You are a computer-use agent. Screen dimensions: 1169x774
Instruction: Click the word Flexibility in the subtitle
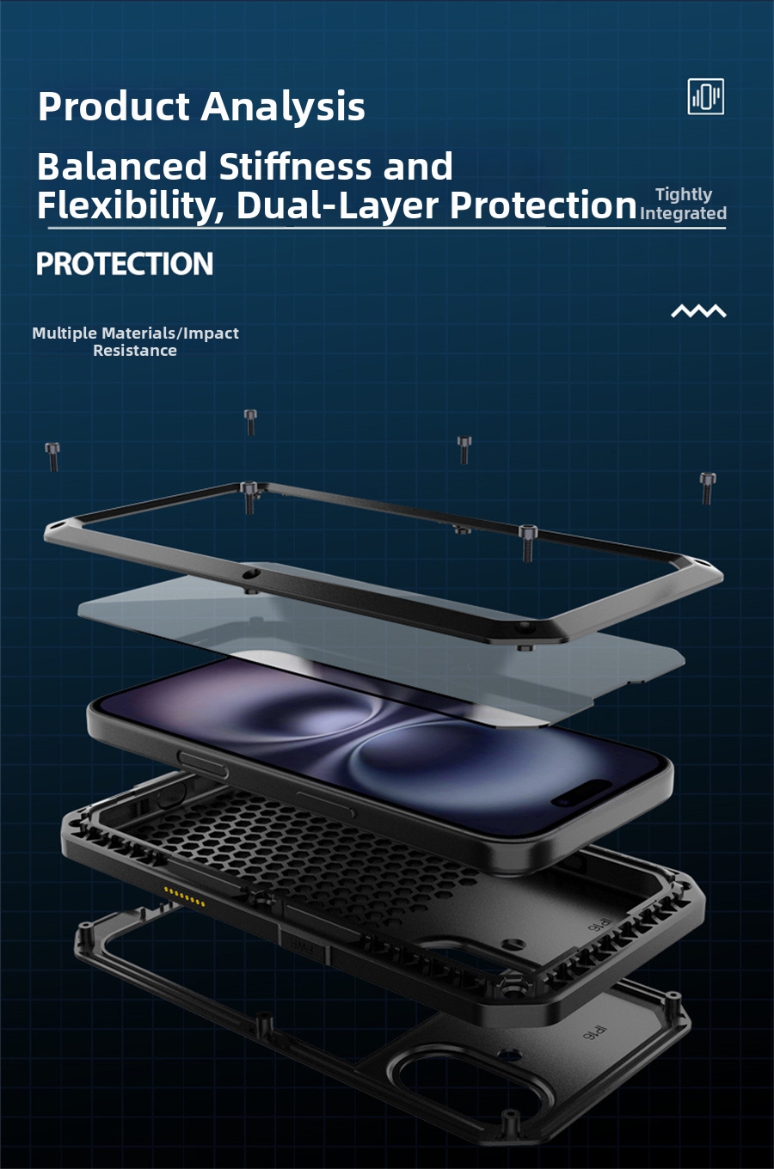point(129,206)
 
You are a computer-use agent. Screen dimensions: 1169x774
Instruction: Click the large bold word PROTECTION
point(125,264)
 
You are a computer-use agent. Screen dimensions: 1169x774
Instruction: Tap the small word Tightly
point(684,195)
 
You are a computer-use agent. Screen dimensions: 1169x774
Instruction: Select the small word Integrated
point(684,213)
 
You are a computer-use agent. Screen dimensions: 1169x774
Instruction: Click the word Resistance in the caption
point(135,351)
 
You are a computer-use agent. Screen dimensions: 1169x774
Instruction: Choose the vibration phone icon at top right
point(705,96)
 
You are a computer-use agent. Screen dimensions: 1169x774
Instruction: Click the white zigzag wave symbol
point(698,311)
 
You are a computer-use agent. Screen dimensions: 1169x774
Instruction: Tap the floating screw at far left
point(52,456)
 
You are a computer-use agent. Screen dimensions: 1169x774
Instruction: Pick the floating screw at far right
point(707,487)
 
